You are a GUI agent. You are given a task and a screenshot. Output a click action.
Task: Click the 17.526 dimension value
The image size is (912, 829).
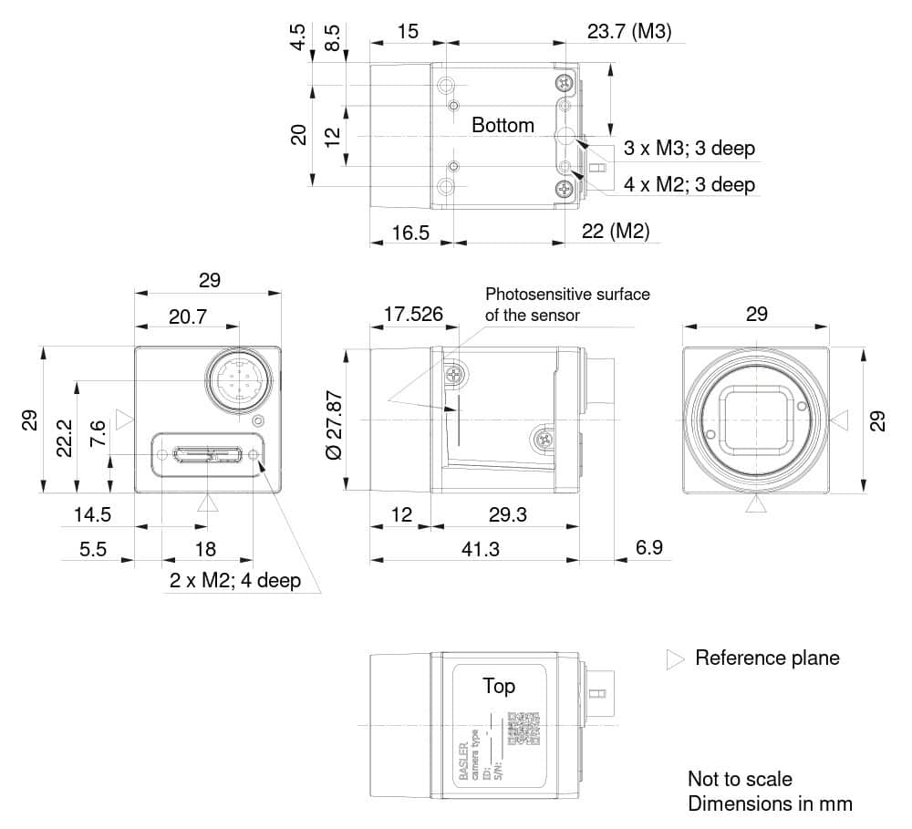(413, 315)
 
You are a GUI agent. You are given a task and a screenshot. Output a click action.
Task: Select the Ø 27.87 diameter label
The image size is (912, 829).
(335, 421)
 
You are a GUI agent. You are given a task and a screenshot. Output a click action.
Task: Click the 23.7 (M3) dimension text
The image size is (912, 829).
(628, 32)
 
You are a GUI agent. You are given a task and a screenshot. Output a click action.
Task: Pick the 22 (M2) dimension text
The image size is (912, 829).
(616, 232)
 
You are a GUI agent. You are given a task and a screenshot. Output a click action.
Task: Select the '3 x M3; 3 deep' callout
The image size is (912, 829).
(689, 148)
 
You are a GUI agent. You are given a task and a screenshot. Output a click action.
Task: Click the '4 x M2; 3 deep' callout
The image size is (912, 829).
(689, 184)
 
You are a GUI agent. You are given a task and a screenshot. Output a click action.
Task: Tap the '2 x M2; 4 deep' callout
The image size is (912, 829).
(234, 581)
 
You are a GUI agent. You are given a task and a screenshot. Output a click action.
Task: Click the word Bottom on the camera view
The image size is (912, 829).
(503, 126)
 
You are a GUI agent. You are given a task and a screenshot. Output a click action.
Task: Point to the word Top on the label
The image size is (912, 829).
(498, 686)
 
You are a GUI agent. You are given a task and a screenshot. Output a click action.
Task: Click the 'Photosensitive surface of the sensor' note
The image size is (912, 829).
(566, 305)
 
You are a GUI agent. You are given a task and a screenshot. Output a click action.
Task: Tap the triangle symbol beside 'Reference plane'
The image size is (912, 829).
(675, 659)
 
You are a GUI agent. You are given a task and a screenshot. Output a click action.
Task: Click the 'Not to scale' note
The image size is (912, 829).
(740, 779)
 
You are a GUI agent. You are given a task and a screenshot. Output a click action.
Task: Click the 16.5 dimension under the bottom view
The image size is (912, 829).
(410, 233)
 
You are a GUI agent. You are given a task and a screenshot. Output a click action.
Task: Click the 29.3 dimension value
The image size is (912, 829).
(507, 515)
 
